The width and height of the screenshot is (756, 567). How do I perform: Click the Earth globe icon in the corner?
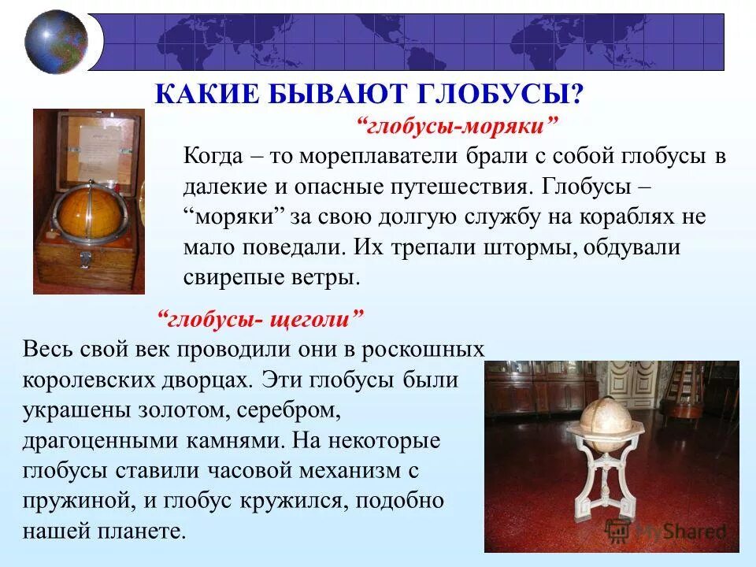[56, 42]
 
